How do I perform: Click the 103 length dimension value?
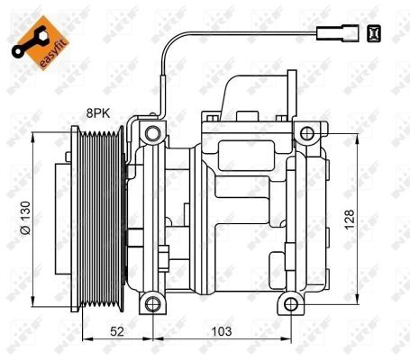220,332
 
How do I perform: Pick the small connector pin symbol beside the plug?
374,35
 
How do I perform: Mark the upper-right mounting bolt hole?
306,134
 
